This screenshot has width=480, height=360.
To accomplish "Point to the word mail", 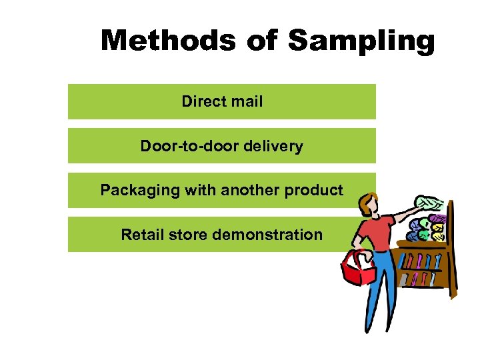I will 246,101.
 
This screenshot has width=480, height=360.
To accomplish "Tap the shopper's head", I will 367,205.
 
